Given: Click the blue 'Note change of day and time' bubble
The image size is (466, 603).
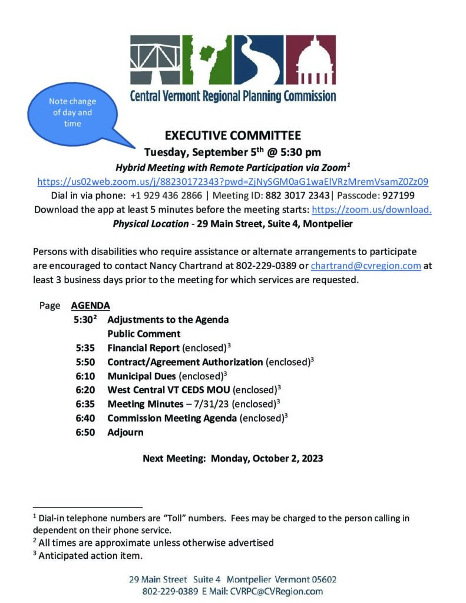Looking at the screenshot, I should pos(70,112).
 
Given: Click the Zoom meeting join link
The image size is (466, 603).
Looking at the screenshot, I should pos(233,181).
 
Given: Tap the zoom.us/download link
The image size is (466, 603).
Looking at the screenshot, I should pos(371,210).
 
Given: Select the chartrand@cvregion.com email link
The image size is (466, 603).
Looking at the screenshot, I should pos(366,266).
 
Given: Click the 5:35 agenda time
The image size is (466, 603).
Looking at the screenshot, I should pos(85,348).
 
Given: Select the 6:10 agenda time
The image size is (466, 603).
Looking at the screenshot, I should pos(85,376).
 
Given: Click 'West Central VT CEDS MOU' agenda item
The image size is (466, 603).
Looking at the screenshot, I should pos(170,390).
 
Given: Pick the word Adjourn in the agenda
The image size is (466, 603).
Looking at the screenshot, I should pos(125,432).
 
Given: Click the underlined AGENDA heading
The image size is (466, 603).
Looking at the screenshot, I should pos(90,306).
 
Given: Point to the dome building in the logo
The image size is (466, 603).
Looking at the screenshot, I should pos(315,61).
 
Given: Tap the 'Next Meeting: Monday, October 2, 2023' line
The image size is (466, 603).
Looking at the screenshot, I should pos(233,458).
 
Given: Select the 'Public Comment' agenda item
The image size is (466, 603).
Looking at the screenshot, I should pos(144,334).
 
